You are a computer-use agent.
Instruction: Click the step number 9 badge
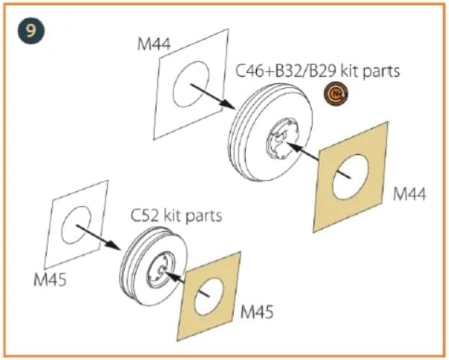31,30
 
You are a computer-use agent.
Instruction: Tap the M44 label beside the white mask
154,45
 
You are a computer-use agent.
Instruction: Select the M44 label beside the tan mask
410,193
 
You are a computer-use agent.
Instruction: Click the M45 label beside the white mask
50,279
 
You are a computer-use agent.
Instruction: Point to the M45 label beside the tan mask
257,312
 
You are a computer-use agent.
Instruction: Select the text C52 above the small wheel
144,216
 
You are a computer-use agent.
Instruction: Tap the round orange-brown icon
336,93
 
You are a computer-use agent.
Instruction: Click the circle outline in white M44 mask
173,85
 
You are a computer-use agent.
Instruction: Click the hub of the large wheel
282,138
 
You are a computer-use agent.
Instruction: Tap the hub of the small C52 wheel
160,269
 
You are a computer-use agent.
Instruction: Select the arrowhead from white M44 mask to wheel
229,104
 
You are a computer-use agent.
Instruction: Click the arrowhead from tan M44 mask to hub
291,146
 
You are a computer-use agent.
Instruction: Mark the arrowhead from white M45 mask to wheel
114,245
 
